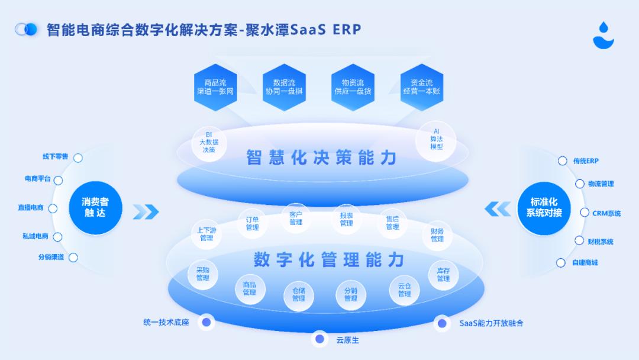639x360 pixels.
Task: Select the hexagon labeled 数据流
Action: coord(284,88)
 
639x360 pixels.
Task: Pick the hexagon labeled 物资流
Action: coord(353,88)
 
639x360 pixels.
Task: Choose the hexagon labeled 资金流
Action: coord(422,88)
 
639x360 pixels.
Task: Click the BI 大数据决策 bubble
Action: coord(209,143)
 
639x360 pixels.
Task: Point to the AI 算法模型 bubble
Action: coord(437,139)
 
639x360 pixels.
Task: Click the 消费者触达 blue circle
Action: coord(95,207)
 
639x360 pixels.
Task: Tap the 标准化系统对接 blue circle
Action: coord(544,207)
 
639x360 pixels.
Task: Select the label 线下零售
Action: coord(55,157)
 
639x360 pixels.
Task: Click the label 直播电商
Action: coord(31,208)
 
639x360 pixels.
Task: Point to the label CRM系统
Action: coord(606,213)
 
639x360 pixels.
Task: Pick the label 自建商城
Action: coord(585,262)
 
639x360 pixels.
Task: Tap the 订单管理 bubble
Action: coord(252,223)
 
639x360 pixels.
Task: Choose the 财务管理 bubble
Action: coord(437,235)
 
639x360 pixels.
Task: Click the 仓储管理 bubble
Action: coord(298,294)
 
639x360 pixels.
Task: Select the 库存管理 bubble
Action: coord(443,275)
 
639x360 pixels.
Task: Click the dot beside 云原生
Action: coord(320,339)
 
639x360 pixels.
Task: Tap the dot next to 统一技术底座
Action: coord(206,323)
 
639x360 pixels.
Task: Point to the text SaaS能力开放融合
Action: coord(491,323)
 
